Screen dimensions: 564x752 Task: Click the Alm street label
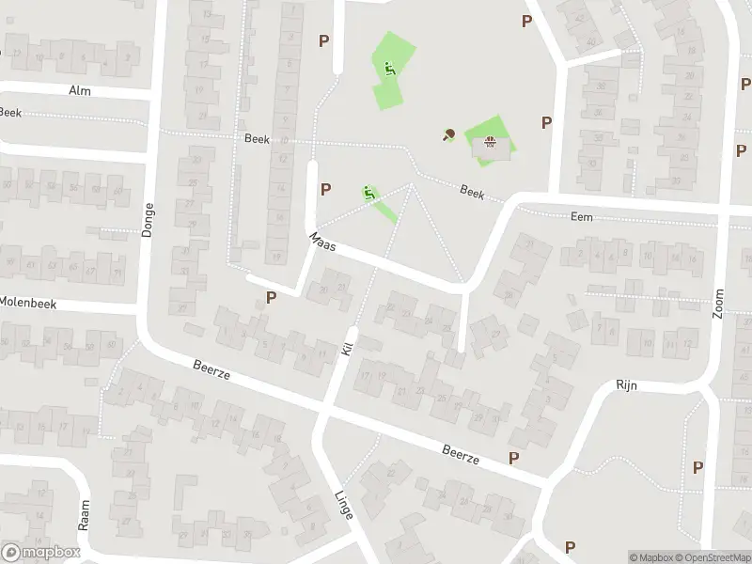point(79,90)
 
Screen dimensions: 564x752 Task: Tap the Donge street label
point(147,219)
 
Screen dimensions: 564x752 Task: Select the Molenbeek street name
point(28,302)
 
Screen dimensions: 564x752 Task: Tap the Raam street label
point(84,516)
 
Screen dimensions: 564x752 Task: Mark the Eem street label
point(582,216)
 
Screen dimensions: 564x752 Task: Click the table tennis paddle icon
point(448,134)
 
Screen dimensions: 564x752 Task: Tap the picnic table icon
point(489,143)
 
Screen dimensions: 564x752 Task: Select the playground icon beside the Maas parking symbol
point(369,194)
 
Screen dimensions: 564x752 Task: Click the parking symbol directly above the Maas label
point(325,189)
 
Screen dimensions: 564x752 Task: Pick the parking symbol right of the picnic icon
point(546,122)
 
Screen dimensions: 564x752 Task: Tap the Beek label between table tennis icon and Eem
point(472,192)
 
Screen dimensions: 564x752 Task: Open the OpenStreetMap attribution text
point(711,556)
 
